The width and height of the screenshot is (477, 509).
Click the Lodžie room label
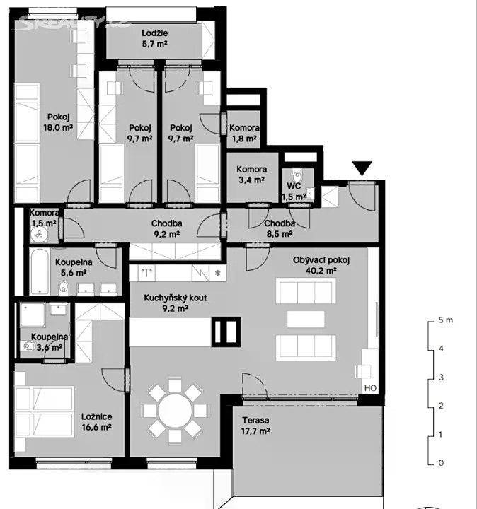coord(155,33)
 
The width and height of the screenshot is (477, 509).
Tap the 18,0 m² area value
coord(58,127)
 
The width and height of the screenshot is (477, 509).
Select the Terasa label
coord(255,421)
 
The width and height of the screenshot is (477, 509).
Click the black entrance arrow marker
coord(362,168)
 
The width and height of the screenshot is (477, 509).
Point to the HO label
coord(370,388)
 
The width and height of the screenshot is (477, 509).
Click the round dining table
coord(175,411)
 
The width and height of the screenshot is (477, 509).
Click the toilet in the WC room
coord(297,176)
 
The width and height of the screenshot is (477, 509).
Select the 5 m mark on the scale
coord(445,320)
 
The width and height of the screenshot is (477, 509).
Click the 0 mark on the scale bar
coord(441,462)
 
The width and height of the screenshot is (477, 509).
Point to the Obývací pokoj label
coord(321,260)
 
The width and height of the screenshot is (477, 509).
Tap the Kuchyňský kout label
coord(175,298)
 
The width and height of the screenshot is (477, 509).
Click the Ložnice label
coord(97,416)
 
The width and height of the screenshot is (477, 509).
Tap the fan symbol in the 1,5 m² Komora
coord(40,233)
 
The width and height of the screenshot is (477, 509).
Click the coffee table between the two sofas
coord(306,319)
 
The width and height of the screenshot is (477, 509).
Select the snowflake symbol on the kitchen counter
coord(218,273)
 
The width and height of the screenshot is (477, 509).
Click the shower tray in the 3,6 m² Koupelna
coord(33,315)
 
